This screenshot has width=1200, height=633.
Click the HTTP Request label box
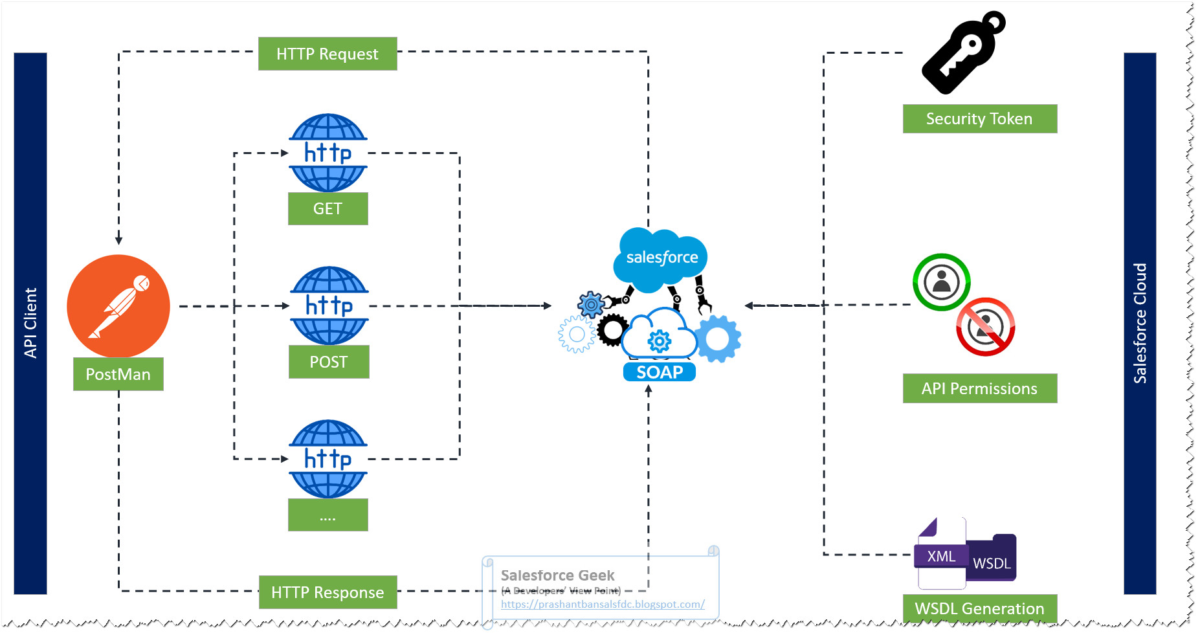pos(328,54)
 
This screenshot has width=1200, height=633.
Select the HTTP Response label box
pos(328,592)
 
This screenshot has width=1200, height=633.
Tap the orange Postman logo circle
pos(118,305)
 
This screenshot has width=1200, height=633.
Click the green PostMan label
pos(118,374)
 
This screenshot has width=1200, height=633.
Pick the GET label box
pos(328,208)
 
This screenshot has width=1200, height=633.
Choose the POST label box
pos(328,362)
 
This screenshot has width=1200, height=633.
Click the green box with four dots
pos(328,515)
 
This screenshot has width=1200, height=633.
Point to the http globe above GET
pos(328,153)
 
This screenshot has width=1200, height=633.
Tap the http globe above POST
pos(329,305)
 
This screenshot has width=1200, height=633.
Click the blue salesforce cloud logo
pos(661,258)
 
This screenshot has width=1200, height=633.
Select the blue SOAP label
pos(659,372)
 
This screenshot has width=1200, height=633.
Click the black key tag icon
pos(962,53)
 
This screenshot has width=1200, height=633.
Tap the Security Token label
pos(979,119)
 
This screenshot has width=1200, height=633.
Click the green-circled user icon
pos(942,282)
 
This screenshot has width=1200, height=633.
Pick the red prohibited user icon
pos(985,327)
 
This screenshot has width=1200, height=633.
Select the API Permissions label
pos(979,388)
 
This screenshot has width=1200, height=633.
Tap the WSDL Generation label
pos(979,608)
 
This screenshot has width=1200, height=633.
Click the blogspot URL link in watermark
pos(602,605)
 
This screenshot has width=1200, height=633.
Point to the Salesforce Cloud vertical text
pos(1140,323)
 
